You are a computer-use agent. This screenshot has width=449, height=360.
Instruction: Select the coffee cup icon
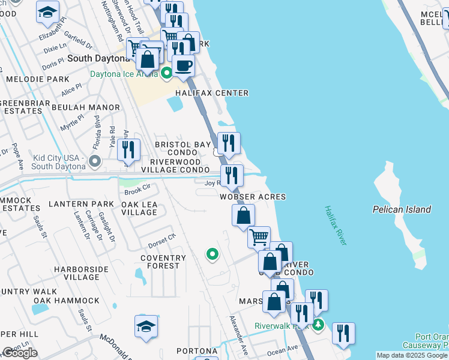click(183, 65)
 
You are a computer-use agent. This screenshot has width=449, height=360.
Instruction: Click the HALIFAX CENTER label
click(211, 93)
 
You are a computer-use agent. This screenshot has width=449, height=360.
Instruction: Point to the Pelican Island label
click(402, 209)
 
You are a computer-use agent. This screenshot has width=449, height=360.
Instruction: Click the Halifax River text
click(336, 225)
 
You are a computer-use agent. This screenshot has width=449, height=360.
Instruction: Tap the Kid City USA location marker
click(94, 161)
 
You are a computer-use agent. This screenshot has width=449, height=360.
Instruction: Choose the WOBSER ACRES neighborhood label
click(252, 197)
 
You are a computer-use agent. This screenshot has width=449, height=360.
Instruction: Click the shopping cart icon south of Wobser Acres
click(259, 236)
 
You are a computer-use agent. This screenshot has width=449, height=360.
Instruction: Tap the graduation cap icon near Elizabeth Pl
click(47, 11)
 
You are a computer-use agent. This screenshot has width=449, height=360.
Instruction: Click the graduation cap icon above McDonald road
click(146, 325)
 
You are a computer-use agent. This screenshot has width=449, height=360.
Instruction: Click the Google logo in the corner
click(20, 353)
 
